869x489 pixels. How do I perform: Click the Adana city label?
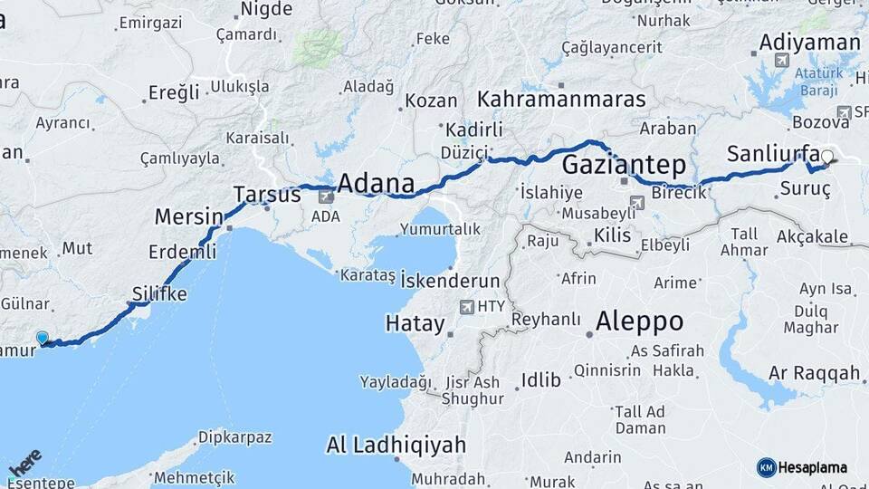pos(376,184)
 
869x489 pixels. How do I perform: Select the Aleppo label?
pos(639,321)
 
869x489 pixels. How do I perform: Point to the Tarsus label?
pos(267,195)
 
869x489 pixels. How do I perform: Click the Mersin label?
pos(188,217)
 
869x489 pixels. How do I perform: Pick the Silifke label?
pos(159,294)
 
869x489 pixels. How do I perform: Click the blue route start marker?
pos(43,339)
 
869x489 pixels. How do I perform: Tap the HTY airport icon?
pos(467,307)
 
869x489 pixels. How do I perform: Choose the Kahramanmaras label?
pos(562,100)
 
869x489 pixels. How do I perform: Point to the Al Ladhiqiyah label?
pos(396,445)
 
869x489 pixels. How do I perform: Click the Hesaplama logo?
pos(802,467)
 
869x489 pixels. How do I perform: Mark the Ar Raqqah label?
pos(814,373)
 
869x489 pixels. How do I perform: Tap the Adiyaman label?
pos(809,43)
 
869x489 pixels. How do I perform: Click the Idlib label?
pos(540,379)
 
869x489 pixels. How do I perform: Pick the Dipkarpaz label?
pos(235,437)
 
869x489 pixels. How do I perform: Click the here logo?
pos(24,463)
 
